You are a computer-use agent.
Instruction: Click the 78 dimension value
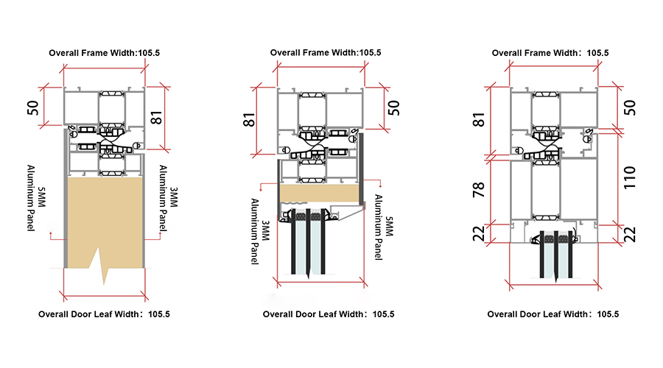tap(479, 190)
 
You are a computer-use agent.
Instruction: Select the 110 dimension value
tap(630, 177)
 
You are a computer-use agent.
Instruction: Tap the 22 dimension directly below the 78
tap(479, 233)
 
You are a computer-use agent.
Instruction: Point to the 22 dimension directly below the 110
tap(630, 235)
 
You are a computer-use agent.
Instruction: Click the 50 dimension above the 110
tap(630, 107)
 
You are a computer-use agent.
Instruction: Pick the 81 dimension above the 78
tap(479, 119)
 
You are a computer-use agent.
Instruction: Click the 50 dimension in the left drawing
tap(32, 107)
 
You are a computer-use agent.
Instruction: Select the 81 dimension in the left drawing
tap(156, 118)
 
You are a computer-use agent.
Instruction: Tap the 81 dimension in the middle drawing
tap(249, 120)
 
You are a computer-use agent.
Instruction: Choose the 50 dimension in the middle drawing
tap(393, 107)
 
